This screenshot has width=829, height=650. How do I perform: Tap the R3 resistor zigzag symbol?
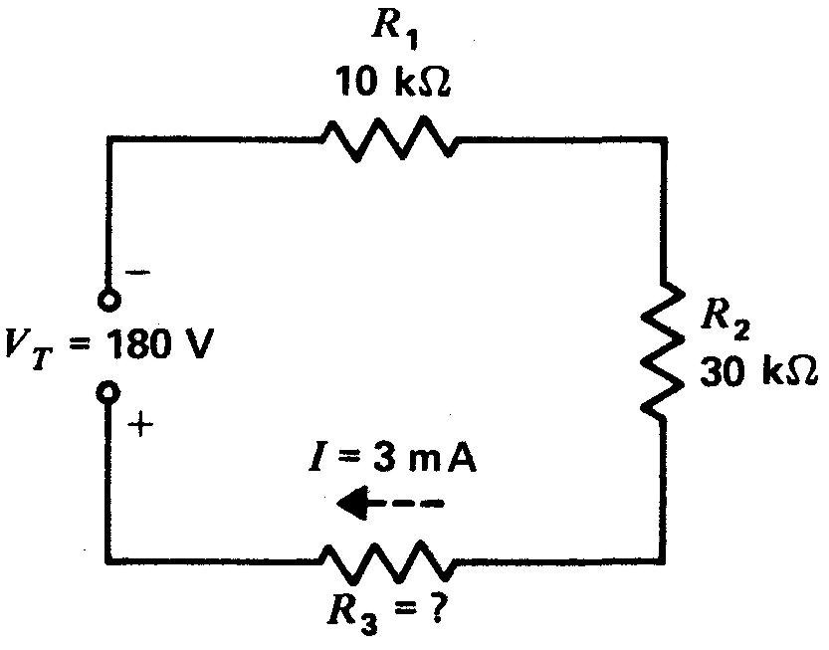387,562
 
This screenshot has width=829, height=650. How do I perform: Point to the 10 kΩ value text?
394,82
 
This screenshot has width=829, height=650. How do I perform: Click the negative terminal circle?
107,299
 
